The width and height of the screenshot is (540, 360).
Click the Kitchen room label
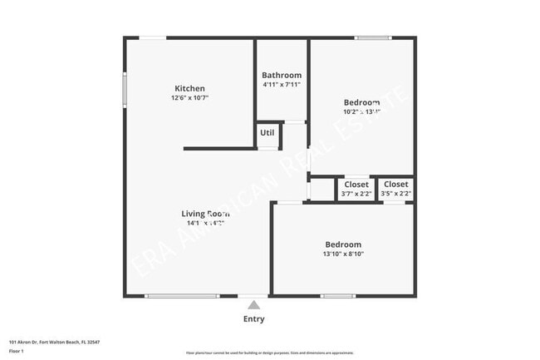coord(189,89)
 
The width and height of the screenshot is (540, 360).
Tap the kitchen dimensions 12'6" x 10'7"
coord(189,98)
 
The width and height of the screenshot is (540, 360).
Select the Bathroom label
coord(282,75)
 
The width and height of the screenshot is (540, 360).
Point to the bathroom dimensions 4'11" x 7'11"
coord(282,84)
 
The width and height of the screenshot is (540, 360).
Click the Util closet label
coord(267,132)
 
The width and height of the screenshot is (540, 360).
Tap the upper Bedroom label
coord(362,102)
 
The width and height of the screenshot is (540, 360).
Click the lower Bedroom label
coord(343,244)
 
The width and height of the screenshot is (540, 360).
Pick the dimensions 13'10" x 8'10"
coord(343,254)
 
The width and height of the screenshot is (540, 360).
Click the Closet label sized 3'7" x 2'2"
coord(356,185)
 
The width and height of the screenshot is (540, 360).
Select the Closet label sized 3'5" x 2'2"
coord(395,185)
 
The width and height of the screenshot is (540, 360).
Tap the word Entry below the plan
coord(254,319)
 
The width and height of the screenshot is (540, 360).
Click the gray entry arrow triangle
coord(254,305)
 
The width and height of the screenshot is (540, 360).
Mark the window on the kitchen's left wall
coord(125,89)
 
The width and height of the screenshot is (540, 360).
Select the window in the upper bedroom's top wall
coord(372,37)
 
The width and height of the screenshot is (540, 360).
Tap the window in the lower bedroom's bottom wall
coord(338,296)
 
